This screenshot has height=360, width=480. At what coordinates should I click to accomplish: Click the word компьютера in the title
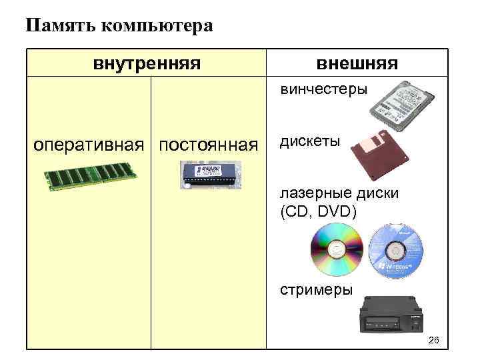click(x=156, y=27)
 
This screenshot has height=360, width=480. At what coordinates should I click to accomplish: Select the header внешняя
click(x=357, y=64)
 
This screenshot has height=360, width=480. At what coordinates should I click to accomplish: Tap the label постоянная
click(x=209, y=145)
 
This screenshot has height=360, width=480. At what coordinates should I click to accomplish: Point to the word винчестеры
click(x=323, y=89)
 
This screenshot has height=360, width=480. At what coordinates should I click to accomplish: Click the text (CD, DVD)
click(x=318, y=212)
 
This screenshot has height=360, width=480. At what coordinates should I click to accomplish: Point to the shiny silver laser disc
click(x=337, y=249)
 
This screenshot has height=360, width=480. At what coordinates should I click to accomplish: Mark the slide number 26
click(x=433, y=341)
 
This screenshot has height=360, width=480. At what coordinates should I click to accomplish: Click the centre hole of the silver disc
click(x=337, y=249)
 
